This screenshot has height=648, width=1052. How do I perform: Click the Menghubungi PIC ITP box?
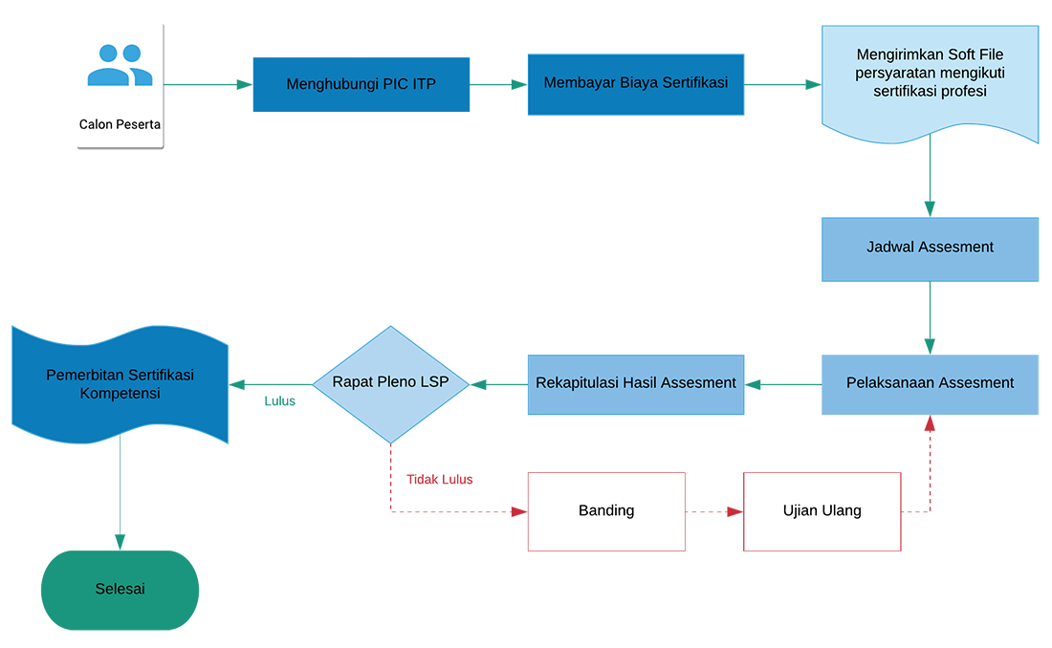click(361, 84)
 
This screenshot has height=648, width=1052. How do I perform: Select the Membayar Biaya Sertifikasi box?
click(636, 84)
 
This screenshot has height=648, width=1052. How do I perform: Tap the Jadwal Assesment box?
click(930, 248)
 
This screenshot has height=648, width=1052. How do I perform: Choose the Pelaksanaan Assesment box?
click(930, 384)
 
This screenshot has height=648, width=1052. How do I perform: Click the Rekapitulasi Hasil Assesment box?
click(636, 384)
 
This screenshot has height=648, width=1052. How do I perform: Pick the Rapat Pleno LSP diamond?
click(390, 384)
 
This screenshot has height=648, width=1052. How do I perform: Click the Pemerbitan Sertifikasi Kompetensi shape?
click(121, 384)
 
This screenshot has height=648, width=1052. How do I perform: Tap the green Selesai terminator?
click(121, 591)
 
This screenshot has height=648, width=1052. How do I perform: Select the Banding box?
click(606, 512)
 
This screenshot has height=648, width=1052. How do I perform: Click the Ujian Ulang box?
click(822, 512)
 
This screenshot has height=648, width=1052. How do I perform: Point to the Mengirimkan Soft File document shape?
click(930, 83)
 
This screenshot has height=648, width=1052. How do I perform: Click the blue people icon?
click(121, 65)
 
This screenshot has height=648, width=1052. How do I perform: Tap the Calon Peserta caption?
click(121, 125)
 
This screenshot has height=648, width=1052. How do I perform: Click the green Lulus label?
click(280, 401)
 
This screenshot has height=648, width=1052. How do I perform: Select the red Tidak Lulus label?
click(440, 480)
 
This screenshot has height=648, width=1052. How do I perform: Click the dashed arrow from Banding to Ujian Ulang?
click(714, 512)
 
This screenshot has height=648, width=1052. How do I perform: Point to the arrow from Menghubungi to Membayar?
click(498, 84)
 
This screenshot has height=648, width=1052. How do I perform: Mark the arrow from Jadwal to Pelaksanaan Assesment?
click(930, 318)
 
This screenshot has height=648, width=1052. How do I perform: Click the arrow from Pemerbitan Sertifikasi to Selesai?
click(121, 493)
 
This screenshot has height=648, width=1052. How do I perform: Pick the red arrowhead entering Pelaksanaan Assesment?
click(930, 422)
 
